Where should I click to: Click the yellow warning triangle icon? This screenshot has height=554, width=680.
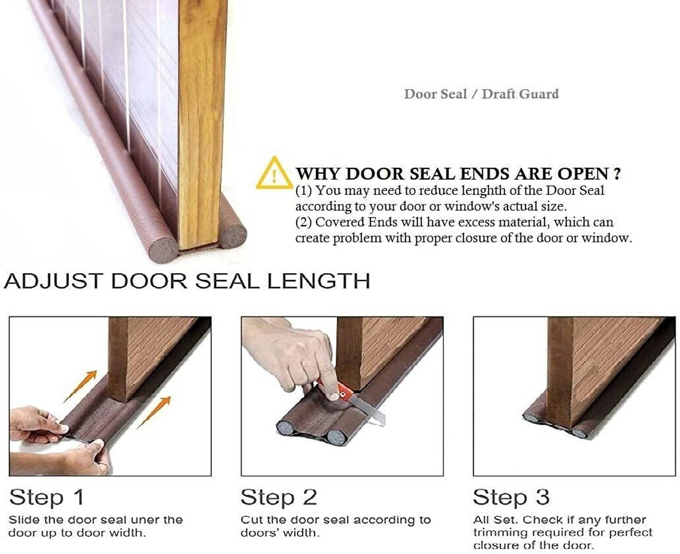[x=274, y=173]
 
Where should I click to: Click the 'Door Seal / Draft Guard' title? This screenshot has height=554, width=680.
[x=481, y=94]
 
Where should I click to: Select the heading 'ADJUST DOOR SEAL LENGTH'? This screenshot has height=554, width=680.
[x=187, y=281]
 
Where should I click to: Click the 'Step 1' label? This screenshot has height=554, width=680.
[x=47, y=497]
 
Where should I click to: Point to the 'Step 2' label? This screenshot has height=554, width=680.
[x=279, y=497]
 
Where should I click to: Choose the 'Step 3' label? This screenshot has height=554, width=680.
[x=511, y=497]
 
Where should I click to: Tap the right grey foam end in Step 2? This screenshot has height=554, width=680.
[x=335, y=436]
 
